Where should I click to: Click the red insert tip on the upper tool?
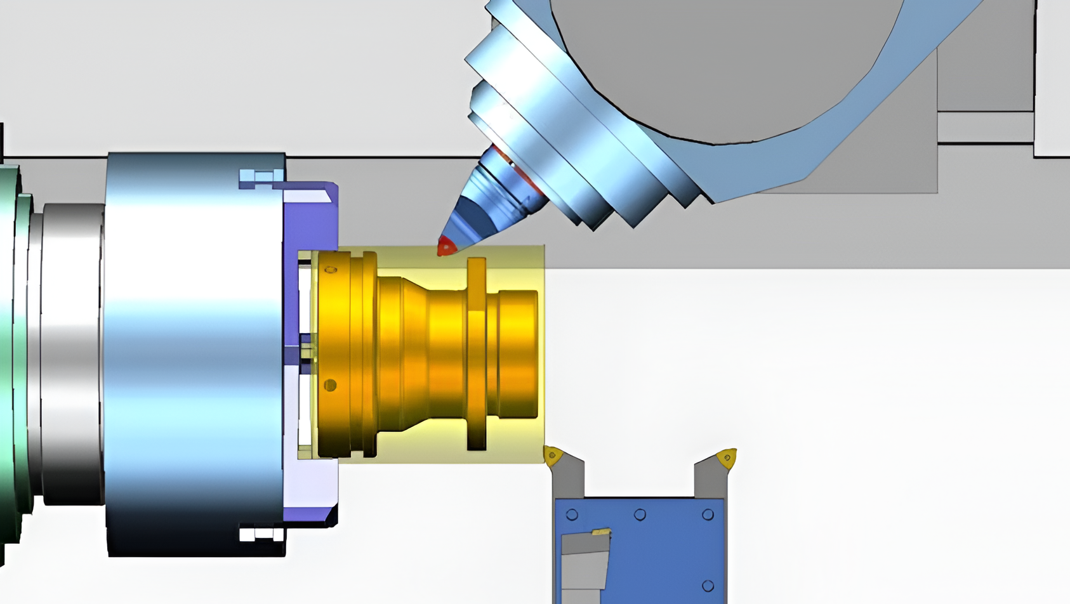coord(446,246)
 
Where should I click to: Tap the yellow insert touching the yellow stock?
coord(553,456)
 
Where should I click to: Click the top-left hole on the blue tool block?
coord(572,515)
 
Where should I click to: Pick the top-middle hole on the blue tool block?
coord(640,515)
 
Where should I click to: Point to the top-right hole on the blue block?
coord(708,515)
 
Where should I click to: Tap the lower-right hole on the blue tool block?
coord(708,586)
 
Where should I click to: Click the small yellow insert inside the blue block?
coord(600,532)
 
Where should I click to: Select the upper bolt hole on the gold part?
coord(331,270)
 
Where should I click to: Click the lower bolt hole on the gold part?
coord(329,385)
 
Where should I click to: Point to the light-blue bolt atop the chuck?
coord(261,178)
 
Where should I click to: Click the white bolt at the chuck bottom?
coord(261,534)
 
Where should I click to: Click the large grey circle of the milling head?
coord(723,63)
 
